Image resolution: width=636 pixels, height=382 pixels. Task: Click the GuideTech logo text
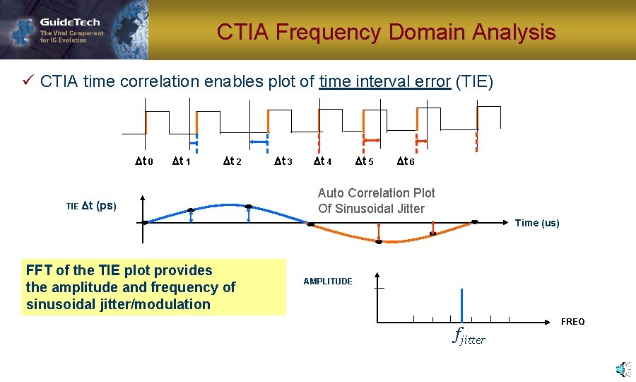point(70,22)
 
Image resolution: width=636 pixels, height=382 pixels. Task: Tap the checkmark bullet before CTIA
point(28,81)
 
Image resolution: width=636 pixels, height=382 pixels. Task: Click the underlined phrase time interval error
point(384,81)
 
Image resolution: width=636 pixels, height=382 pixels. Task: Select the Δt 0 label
point(144,161)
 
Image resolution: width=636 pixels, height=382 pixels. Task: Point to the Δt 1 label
point(182,161)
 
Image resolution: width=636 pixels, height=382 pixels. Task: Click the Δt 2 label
point(232,161)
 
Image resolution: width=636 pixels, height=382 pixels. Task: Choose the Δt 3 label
point(283,161)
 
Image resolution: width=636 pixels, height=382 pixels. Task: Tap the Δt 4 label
point(322,161)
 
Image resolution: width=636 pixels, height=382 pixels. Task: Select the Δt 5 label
point(365,161)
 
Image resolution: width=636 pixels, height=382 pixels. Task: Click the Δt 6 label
point(406,161)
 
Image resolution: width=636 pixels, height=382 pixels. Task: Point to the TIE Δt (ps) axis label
point(91,206)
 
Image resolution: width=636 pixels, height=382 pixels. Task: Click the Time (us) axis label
point(537,223)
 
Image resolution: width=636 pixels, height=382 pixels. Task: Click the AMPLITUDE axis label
point(328,282)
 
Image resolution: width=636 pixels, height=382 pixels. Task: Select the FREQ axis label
point(572,322)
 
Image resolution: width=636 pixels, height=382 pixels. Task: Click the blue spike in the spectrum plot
point(461,305)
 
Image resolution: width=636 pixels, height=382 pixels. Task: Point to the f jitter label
point(469,337)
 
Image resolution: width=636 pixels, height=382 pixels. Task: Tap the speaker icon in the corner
point(622,369)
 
